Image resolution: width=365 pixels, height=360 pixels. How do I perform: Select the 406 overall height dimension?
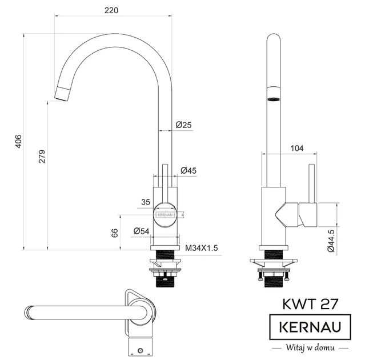click(18, 141)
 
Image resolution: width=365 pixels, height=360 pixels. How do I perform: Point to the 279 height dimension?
click(42, 157)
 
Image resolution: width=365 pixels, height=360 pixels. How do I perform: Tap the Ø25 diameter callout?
click(183, 125)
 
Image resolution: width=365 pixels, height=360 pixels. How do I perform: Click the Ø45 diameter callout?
click(188, 170)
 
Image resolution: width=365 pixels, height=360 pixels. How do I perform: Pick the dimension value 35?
click(145, 202)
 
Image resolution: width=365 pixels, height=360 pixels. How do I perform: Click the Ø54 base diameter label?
click(141, 231)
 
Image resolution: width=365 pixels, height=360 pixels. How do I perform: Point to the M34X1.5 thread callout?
click(202, 247)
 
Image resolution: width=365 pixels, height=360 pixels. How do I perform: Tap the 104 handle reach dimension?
click(296, 148)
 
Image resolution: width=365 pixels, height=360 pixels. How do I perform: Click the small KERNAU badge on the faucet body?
click(165, 215)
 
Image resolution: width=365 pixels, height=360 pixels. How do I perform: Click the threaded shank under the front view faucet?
click(166, 255)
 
